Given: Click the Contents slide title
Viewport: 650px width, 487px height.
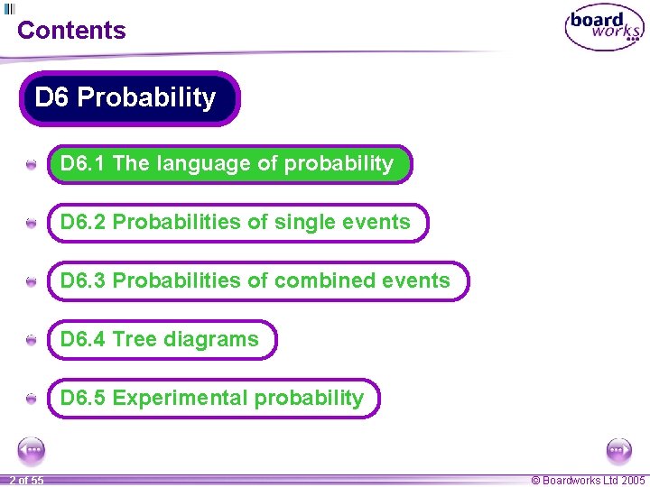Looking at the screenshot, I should click(x=71, y=30).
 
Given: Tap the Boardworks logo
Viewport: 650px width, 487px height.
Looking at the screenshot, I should click(x=604, y=30).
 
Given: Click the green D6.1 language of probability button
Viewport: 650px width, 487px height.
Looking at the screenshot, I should click(x=229, y=164).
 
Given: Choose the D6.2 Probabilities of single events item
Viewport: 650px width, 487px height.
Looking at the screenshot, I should click(x=237, y=223).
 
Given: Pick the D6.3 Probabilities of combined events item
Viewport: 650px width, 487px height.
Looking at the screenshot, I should click(x=257, y=281).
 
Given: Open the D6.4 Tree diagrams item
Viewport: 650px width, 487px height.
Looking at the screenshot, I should click(x=162, y=340).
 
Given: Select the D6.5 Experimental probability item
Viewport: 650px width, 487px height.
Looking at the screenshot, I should click(x=213, y=399).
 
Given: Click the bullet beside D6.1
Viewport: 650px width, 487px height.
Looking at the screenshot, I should click(x=32, y=165).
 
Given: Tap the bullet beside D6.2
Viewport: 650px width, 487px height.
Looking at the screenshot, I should click(x=32, y=224).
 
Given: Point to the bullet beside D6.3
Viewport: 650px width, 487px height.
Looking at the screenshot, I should click(x=32, y=282).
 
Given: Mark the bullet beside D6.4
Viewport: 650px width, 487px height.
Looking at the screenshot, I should click(x=32, y=341).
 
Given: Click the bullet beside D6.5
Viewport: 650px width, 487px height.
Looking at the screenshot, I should click(x=32, y=399).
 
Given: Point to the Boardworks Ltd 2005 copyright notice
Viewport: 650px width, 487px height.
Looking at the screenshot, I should click(x=588, y=481).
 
